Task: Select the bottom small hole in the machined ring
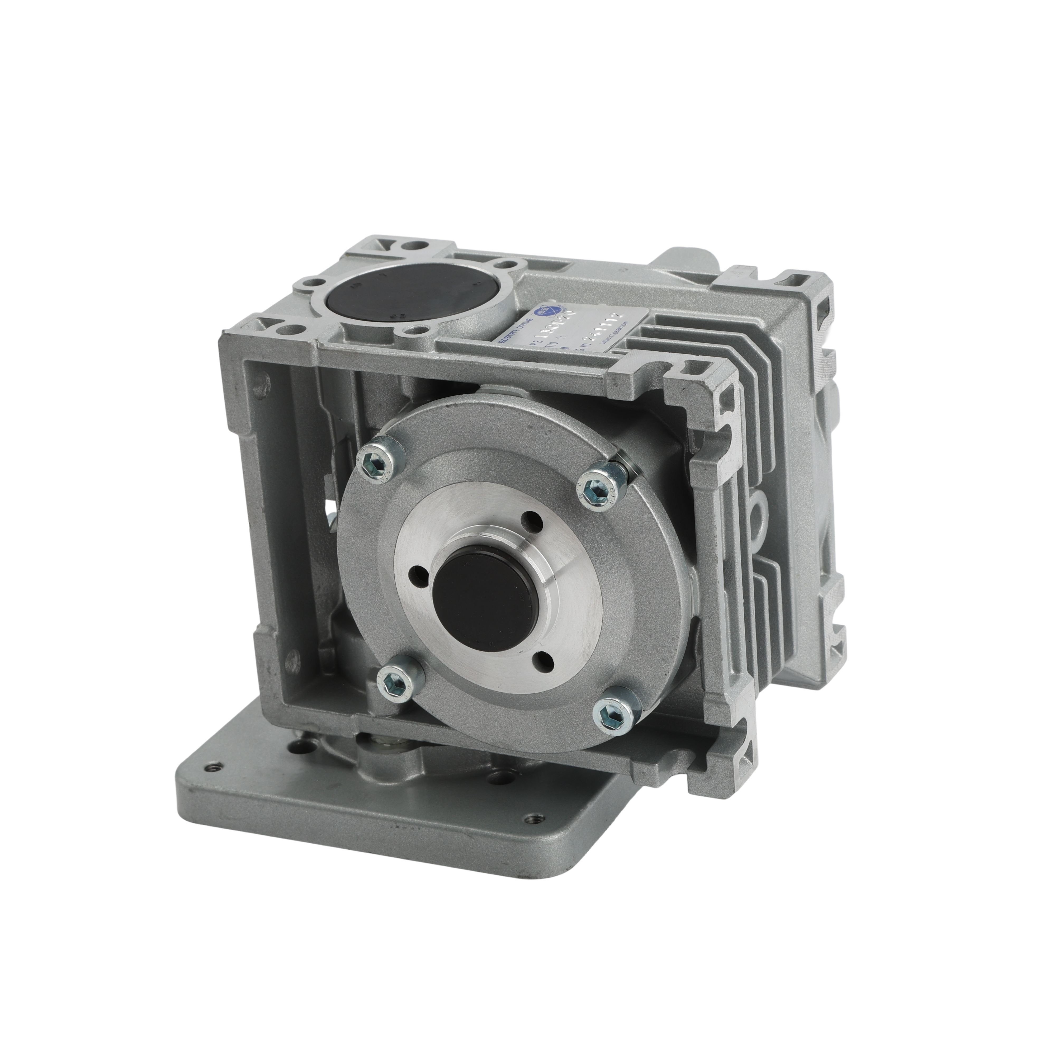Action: point(543,659)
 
